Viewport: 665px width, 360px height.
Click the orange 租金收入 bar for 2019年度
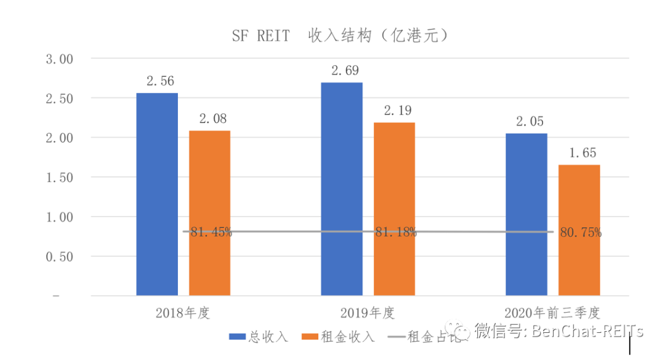pyautogui.click(x=394, y=209)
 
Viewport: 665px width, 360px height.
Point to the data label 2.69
pyautogui.click(x=342, y=71)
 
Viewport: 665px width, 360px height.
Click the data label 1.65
pyautogui.click(x=579, y=153)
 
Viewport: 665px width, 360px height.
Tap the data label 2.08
pyautogui.click(x=209, y=119)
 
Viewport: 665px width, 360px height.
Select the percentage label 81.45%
pyautogui.click(x=211, y=232)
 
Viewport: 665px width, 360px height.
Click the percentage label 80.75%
pyautogui.click(x=581, y=233)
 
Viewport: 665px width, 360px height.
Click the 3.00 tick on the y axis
pyautogui.click(x=60, y=59)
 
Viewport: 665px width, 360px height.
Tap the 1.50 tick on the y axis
pyautogui.click(x=60, y=177)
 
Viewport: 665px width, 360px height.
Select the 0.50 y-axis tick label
pyautogui.click(x=60, y=257)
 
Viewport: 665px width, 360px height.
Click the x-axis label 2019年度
pyautogui.click(x=368, y=313)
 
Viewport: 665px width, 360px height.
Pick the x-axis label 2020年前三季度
pyautogui.click(x=552, y=313)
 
